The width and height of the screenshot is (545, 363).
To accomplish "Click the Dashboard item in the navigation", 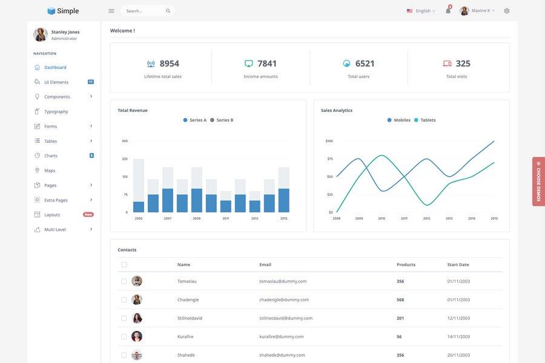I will point(55,67).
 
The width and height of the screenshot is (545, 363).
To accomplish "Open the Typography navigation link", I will point(56,111).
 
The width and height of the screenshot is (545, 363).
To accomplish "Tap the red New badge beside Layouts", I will point(88,215).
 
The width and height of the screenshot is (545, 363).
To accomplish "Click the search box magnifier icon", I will point(168,11).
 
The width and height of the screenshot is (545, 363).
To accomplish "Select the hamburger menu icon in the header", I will point(111,11).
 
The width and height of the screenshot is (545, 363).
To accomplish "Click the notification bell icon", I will point(448,11).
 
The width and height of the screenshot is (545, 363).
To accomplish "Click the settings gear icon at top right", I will point(507,11).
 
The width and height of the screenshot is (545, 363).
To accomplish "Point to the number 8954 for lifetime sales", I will point(169,64).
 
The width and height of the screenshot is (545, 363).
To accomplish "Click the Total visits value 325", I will point(463,64).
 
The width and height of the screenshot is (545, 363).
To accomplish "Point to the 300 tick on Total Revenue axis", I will point(125,141).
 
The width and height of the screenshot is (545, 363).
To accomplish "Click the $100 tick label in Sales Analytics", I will point(329,141).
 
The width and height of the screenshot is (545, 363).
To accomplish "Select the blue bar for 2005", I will point(139,207).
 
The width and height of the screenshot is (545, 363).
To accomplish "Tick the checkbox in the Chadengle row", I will point(124,299).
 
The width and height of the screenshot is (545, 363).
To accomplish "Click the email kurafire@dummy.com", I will point(282,336).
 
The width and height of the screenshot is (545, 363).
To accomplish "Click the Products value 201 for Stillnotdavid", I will point(400,318).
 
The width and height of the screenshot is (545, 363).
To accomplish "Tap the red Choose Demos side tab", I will point(538,181).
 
